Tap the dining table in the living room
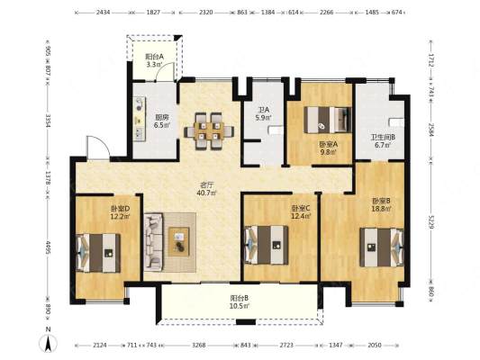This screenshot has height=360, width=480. (x=209, y=131)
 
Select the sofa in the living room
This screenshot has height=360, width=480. (x=153, y=242)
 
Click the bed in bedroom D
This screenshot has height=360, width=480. (x=98, y=253)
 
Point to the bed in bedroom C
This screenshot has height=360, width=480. (x=267, y=245)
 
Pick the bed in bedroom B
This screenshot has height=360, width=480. (x=382, y=247)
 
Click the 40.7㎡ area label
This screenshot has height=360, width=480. (x=207, y=193)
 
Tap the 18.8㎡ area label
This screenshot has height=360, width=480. (x=381, y=209)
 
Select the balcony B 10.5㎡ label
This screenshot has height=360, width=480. (x=239, y=301)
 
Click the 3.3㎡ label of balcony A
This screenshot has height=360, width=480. (x=155, y=64)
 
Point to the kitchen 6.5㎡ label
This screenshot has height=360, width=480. (x=162, y=125)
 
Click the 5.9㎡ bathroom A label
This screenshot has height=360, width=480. (x=263, y=117)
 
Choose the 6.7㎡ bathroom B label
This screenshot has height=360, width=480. (x=384, y=145)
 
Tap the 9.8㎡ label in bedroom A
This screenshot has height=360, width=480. (x=328, y=151)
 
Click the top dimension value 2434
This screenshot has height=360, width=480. (x=104, y=13)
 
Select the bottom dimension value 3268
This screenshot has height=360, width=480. (x=199, y=345)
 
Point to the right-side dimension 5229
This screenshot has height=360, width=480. (x=431, y=221)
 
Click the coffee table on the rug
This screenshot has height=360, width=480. (x=178, y=241)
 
